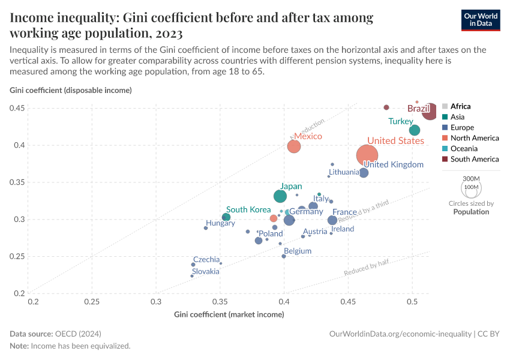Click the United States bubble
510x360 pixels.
(367, 155)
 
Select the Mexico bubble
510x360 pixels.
(294, 146)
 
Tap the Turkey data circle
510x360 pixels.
(415, 130)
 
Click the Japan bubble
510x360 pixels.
(280, 196)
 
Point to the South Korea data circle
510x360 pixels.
(226, 217)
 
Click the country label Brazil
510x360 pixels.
(418, 109)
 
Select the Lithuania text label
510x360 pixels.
(344, 172)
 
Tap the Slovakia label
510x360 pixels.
(205, 271)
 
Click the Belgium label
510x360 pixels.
(298, 251)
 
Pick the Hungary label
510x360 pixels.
(220, 223)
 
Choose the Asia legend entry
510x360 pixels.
(457, 117)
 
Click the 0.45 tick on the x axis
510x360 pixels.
(348, 301)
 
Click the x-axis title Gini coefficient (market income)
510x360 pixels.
(229, 314)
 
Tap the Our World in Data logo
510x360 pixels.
(481, 19)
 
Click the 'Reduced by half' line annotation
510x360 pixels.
(366, 268)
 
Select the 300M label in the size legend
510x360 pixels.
(472, 179)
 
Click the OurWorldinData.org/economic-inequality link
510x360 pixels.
(400, 333)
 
